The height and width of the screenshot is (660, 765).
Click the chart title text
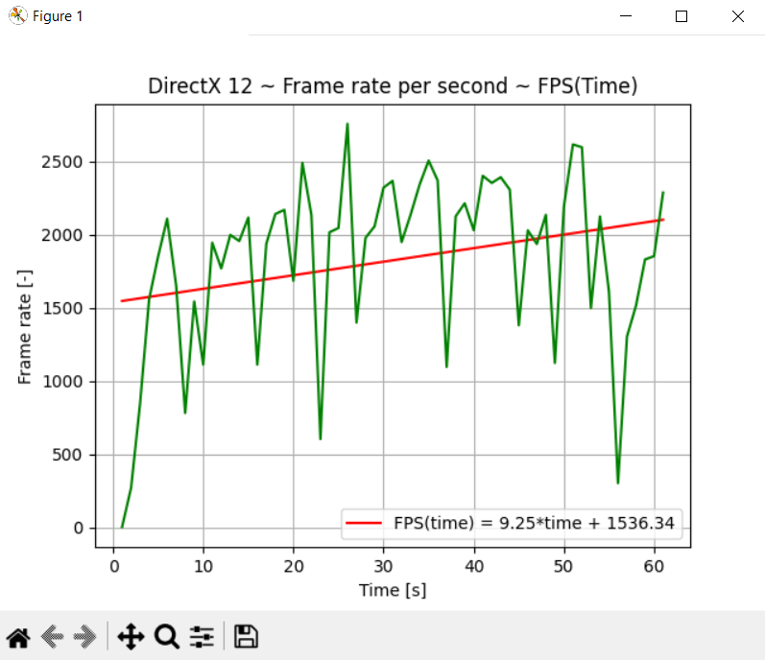[x=393, y=86]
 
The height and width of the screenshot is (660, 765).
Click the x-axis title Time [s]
[x=393, y=590]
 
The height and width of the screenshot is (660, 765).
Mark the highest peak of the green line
[x=347, y=124]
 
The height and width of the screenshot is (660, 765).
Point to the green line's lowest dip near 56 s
[x=618, y=483]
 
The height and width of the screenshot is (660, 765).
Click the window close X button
[x=737, y=16]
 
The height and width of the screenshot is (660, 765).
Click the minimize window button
[x=626, y=16]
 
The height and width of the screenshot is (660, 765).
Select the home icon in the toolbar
[x=18, y=637]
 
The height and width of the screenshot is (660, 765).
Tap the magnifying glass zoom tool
[x=167, y=637]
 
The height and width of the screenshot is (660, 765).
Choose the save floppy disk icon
[x=246, y=637]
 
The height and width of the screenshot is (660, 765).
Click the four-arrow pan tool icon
[x=131, y=637]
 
